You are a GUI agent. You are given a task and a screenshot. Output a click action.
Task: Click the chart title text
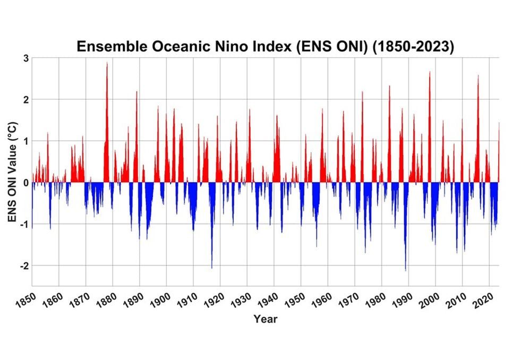265,46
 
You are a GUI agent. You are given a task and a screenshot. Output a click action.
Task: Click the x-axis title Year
265,319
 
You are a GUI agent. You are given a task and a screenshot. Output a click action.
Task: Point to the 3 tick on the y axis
24,58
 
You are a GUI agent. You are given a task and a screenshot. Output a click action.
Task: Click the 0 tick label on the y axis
24,183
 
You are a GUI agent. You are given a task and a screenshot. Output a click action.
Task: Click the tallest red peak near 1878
107,63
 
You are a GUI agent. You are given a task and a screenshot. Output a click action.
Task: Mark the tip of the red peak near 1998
430,72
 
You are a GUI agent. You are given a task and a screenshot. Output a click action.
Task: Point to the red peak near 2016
478,76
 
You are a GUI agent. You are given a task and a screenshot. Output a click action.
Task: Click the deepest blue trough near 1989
405,270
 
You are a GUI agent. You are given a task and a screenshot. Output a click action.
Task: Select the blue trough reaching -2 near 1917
211,268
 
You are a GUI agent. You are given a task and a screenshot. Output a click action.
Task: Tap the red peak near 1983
389,86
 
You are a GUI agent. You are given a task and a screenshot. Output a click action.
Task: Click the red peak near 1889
136,92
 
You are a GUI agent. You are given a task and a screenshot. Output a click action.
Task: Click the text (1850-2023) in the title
414,46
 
